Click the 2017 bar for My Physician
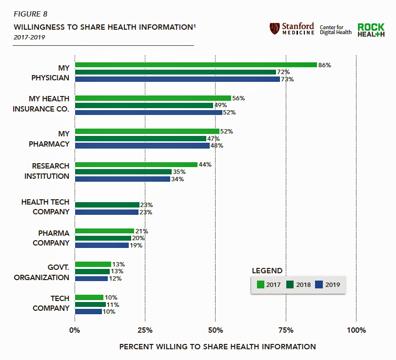pyautogui.click(x=195, y=65)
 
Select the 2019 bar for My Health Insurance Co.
pyautogui.click(x=148, y=113)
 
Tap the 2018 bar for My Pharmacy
pyautogui.click(x=140, y=138)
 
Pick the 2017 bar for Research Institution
pyautogui.click(x=136, y=165)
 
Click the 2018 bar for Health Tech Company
pyautogui.click(x=107, y=205)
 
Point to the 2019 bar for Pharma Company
pyautogui.click(x=101, y=245)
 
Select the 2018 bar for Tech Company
pyautogui.click(x=90, y=304)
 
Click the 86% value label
pyautogui.click(x=324, y=65)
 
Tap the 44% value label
pyautogui.click(x=205, y=165)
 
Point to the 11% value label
pyautogui.click(x=113, y=304)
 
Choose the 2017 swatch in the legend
pyautogui.click(x=261, y=284)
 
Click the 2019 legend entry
pyautogui.click(x=327, y=284)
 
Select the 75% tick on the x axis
pyautogui.click(x=286, y=330)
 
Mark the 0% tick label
pyautogui.click(x=75, y=330)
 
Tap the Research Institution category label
pyautogui.click(x=47, y=171)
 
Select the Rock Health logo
pyautogui.click(x=371, y=30)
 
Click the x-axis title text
pyautogui.click(x=218, y=347)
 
